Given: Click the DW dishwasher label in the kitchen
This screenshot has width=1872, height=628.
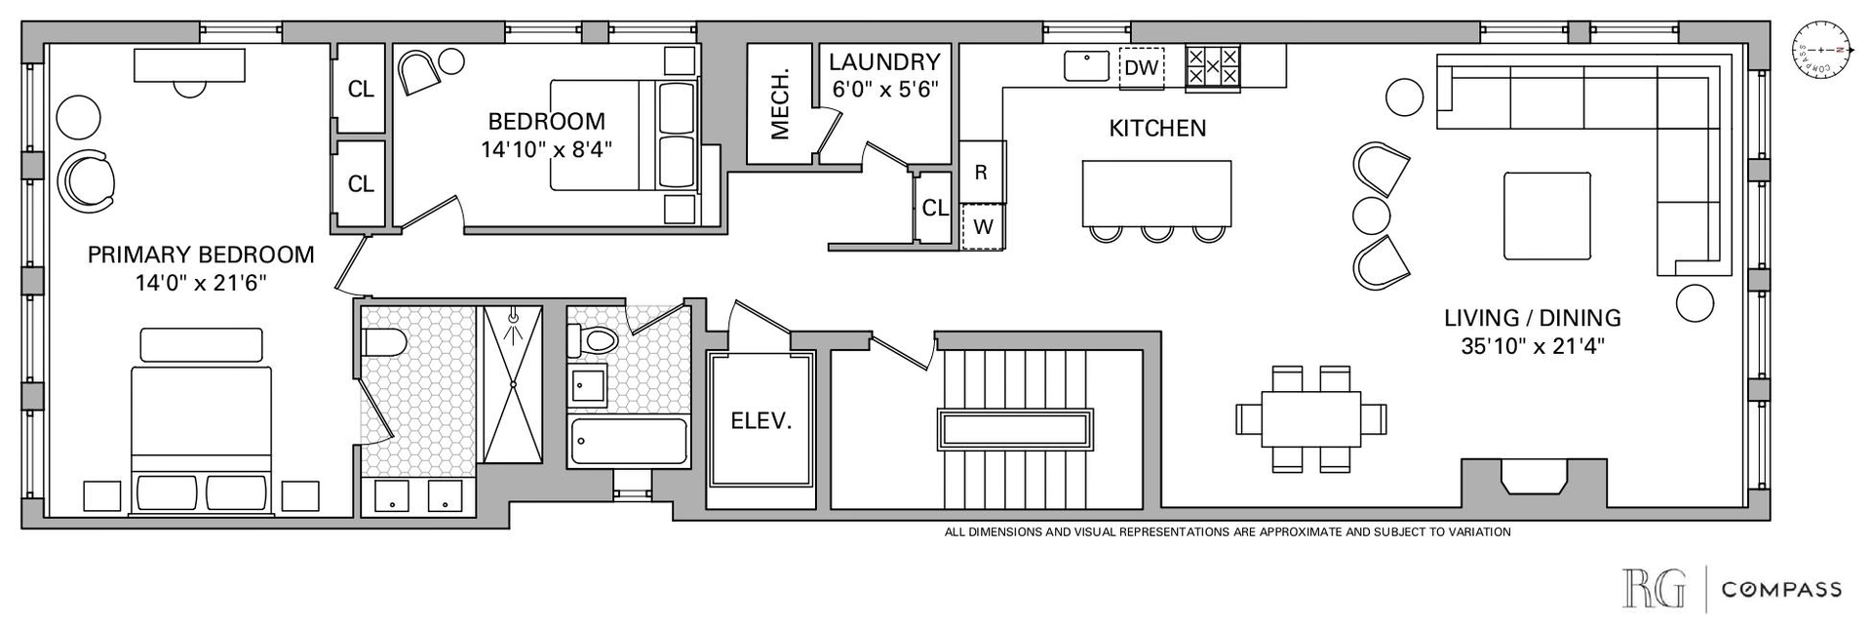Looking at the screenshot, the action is (1142, 67).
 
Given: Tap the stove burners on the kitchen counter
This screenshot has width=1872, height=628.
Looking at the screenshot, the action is (1213, 67).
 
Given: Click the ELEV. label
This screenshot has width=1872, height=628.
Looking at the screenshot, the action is (761, 421).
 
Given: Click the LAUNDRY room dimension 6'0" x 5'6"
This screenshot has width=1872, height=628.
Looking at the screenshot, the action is (884, 89).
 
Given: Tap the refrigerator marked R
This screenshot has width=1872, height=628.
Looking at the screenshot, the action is (982, 173).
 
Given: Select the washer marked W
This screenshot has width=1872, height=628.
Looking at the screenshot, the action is (983, 227).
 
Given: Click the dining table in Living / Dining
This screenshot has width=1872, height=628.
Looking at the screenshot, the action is (1310, 418).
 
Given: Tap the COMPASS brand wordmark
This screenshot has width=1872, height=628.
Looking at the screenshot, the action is (1781, 589).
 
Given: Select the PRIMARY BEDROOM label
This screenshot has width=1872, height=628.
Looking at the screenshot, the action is (201, 255).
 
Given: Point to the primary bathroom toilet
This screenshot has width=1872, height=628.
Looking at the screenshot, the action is (383, 343).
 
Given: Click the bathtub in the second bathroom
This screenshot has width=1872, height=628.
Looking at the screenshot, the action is (629, 442).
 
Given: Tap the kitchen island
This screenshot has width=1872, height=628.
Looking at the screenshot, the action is (1156, 193).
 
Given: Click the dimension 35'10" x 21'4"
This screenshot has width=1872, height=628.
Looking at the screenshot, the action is (1532, 345).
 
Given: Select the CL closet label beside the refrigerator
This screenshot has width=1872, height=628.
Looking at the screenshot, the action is (935, 208).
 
